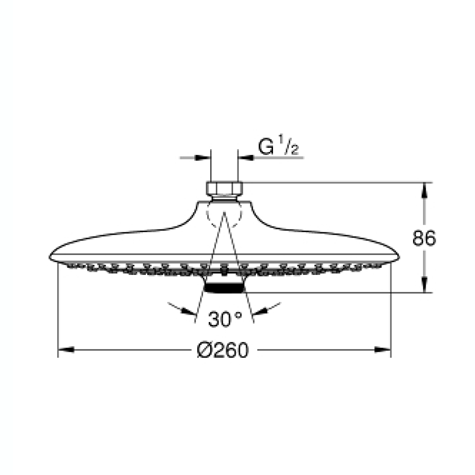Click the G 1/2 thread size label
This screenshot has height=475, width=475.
(278, 147)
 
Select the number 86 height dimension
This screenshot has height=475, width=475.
(424, 238)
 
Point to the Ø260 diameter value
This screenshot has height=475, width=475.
(224, 351)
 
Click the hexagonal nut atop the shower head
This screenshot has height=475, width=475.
(225, 188)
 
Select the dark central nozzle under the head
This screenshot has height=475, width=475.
(224, 287)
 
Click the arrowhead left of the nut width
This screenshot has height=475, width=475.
(203, 157)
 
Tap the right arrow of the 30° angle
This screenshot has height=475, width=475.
(259, 311)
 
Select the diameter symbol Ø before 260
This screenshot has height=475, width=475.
(204, 351)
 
